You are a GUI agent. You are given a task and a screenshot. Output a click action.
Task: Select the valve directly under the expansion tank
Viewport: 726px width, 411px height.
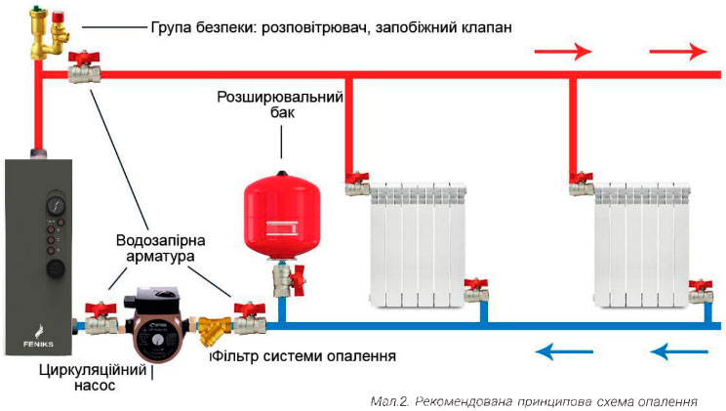click(285, 279)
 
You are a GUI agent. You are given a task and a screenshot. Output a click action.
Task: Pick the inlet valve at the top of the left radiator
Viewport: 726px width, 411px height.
click(356, 182)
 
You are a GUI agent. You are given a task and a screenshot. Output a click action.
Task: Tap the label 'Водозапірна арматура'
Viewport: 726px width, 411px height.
click(154, 248)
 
